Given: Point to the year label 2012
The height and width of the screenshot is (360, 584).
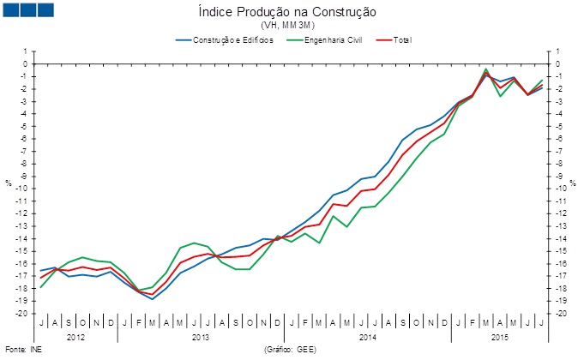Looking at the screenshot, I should (x=76, y=337).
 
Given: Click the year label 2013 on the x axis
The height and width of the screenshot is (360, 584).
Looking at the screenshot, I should (x=201, y=337).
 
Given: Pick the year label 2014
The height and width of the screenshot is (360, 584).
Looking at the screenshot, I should (x=367, y=337).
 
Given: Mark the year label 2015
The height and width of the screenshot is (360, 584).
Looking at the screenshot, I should (x=497, y=337).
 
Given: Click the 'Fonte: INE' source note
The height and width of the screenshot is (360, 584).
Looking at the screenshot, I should (x=23, y=351).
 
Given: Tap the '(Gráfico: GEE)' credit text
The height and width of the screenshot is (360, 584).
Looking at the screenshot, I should (x=292, y=351).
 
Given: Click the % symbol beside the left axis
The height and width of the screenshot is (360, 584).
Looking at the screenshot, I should (x=9, y=183).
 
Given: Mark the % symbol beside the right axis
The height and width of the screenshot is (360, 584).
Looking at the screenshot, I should (x=574, y=183).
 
